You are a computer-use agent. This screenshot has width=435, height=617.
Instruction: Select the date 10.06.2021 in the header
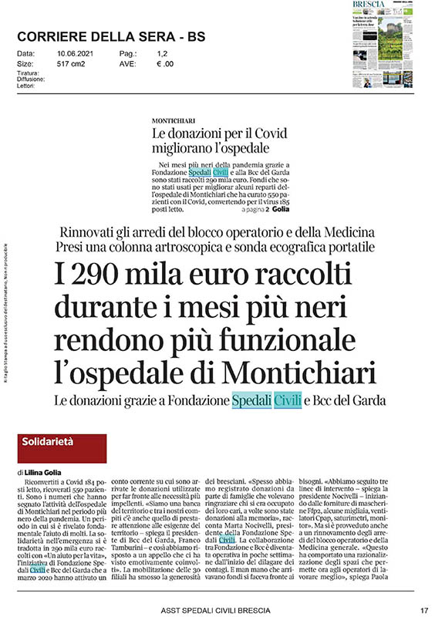point(74,53)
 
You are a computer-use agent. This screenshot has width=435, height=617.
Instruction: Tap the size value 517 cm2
point(72,65)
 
